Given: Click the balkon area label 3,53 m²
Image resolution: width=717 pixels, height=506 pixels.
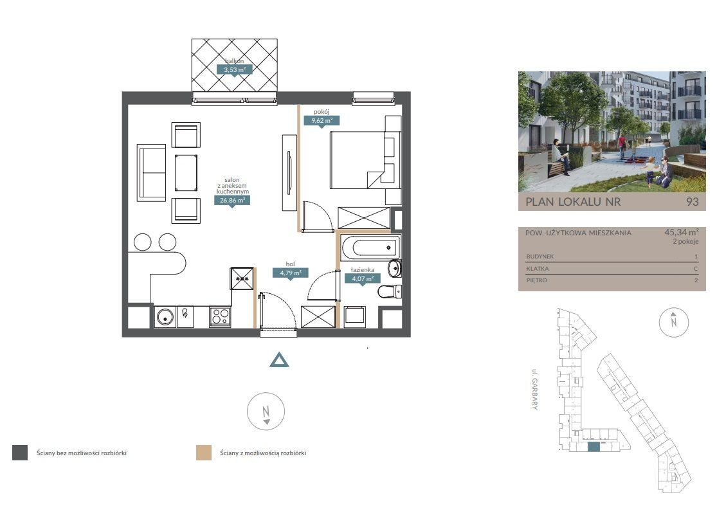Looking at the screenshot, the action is tap(234, 70).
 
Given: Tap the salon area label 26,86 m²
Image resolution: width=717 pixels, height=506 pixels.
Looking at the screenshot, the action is tap(232, 200).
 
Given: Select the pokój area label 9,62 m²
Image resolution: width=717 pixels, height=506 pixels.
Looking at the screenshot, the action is tap(322, 121).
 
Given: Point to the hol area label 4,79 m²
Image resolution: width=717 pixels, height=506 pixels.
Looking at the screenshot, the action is tap(291, 273).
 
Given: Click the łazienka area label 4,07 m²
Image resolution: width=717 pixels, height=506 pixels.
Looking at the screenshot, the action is tap(363, 278).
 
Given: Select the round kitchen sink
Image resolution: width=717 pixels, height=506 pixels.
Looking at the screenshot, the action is tap(165, 316).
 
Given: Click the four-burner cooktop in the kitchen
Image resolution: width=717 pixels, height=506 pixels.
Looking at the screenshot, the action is tap(220, 316).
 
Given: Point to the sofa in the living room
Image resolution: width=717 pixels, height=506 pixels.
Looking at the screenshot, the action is tap(151, 173).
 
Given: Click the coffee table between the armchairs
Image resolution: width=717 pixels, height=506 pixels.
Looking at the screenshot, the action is tap(186, 173).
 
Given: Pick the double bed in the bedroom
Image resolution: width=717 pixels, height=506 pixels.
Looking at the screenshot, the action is tap(365, 160).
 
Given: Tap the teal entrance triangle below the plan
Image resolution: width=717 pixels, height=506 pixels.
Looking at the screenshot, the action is tap(279, 361).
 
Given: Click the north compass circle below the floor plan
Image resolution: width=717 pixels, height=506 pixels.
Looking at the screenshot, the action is tap(266, 411).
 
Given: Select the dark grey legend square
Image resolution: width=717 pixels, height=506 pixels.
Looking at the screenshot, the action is tap(20, 453).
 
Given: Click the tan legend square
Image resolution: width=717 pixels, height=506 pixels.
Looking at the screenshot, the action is tap(204, 453).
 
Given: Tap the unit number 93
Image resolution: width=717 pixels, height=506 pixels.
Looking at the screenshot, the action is tap(693, 202).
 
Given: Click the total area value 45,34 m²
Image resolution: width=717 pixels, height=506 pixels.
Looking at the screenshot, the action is tap(682, 232).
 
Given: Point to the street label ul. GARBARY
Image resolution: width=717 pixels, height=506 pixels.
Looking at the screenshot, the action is tap(534, 389).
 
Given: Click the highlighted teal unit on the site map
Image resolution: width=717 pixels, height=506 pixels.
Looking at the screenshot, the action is tap(594, 447).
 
